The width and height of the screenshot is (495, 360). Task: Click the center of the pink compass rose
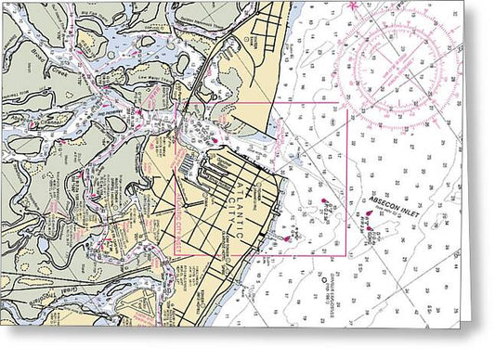point(397,69)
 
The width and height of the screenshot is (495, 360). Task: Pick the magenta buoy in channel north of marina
point(137,113)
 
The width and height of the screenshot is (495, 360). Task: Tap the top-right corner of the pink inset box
point(345,103)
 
